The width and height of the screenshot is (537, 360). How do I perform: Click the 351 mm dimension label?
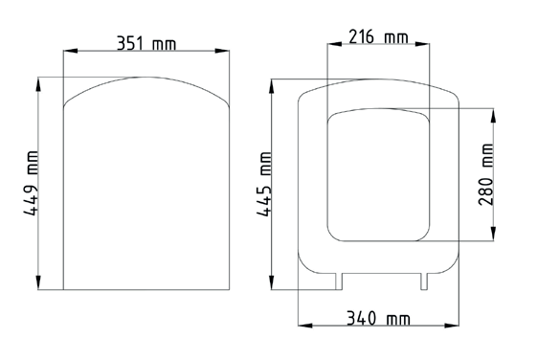coord(146,44)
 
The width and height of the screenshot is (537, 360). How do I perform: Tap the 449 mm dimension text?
coord(31,183)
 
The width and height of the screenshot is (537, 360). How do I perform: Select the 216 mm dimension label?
coord(378,36)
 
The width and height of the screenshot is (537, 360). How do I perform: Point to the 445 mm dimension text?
coord(264,184)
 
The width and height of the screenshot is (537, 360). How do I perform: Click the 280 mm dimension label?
coord(486,174)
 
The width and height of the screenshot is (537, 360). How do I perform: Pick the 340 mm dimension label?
coord(378,318)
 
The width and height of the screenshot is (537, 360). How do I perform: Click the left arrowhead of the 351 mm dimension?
coord(71,51)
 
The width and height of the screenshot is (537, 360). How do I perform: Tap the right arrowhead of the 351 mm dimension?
coord(222,51)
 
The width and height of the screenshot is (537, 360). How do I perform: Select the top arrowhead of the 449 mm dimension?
coord(38,84)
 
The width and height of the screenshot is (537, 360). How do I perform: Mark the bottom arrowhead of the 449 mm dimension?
coord(38,282)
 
